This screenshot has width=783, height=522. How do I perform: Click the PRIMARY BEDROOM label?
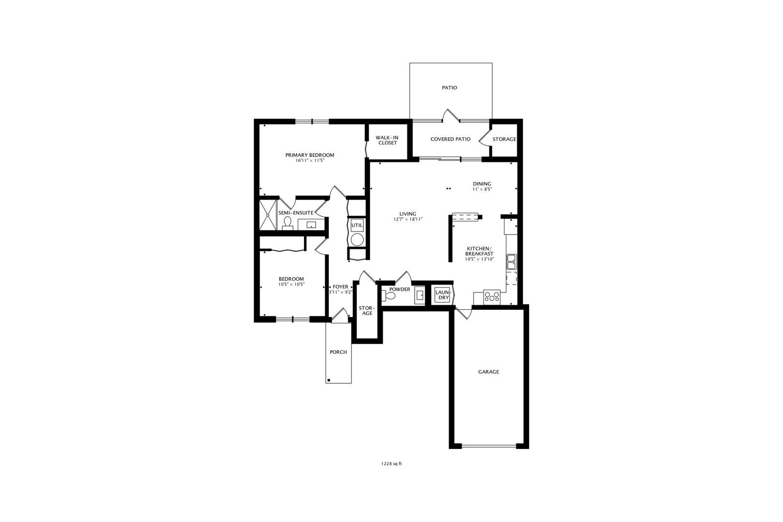pyautogui.click(x=309, y=155)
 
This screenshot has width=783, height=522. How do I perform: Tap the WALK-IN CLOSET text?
pyautogui.click(x=387, y=140)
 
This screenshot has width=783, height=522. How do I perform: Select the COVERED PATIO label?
pyautogui.click(x=450, y=139)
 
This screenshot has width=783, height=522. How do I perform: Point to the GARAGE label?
pyautogui.click(x=488, y=372)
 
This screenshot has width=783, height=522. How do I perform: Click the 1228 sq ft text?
pyautogui.click(x=391, y=464)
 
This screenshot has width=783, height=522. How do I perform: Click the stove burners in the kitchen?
pyautogui.click(x=492, y=296)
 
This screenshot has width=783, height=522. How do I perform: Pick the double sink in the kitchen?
pyautogui.click(x=511, y=261)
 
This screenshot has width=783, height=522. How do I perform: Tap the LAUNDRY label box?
pyautogui.click(x=443, y=295)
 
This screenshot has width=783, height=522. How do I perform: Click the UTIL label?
pyautogui.click(x=357, y=225)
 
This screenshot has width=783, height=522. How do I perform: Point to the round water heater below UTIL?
pyautogui.click(x=357, y=240)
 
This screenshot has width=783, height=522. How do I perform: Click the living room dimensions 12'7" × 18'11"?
pyautogui.click(x=408, y=219)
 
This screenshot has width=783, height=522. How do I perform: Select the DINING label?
pyautogui.click(x=481, y=184)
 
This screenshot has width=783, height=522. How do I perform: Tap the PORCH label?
pyautogui.click(x=338, y=352)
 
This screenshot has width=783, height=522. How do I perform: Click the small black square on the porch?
pyautogui.click(x=329, y=380)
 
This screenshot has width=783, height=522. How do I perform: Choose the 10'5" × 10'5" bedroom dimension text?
pyautogui.click(x=291, y=284)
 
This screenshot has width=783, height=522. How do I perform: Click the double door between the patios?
pyautogui.click(x=450, y=116)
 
